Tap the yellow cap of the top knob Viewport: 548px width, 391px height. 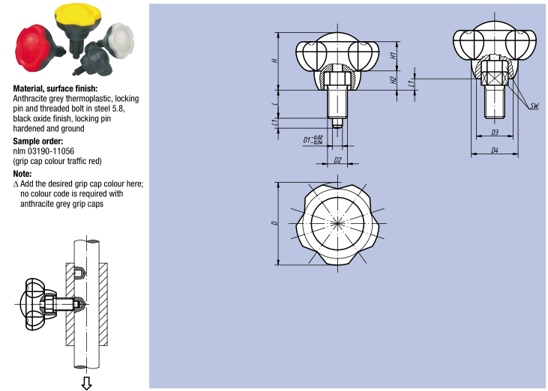78,15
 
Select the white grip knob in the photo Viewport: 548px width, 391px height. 119,39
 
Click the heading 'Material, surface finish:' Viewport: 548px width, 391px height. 55,88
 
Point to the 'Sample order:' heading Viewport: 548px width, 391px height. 38,142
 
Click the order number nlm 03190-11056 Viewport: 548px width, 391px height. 43,151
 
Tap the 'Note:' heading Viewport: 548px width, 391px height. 22,174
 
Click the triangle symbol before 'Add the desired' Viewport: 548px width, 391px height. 16,184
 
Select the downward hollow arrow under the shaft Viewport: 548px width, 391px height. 86,383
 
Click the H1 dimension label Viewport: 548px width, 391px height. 394,55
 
